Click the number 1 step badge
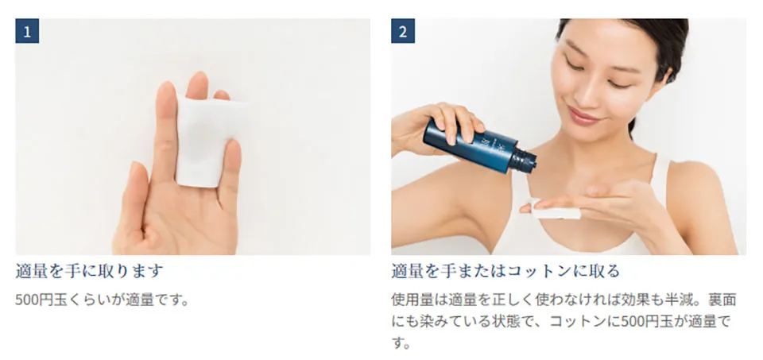(27, 31)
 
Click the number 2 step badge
(403, 31)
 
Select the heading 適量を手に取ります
(89, 271)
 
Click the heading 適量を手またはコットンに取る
(505, 271)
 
